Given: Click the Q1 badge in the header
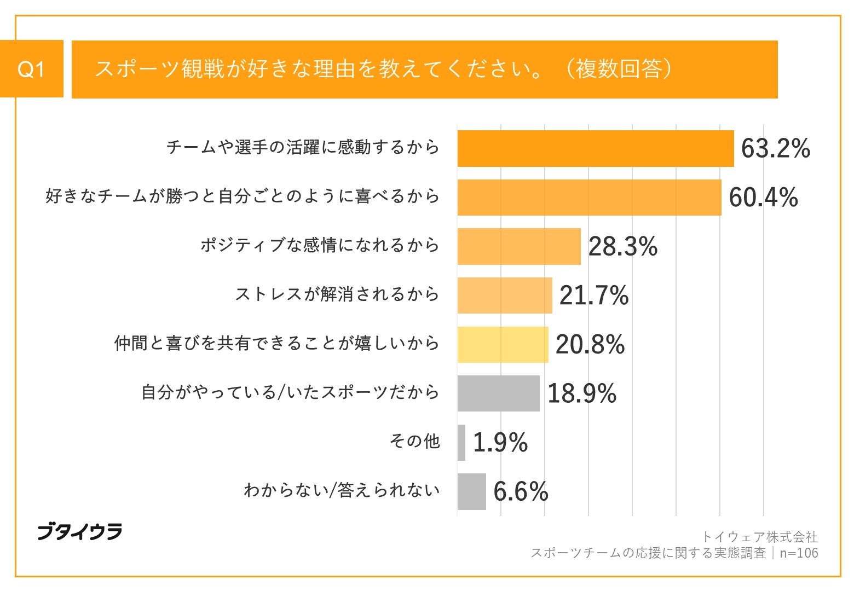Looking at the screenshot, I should pos(31,69).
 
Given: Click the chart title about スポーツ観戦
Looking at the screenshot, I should pos(383,69).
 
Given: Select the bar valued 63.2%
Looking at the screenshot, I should pos(595,148).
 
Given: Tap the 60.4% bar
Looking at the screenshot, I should pos(589,197).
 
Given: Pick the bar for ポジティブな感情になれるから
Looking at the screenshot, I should pos(518,246).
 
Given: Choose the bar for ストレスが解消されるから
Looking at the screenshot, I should pos(504,296).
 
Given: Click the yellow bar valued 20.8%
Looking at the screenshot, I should pos(503,344).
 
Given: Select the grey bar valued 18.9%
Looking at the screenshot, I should pos(498,393).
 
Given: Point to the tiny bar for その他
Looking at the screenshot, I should pos(461,442).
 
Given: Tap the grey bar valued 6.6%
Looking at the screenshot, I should pos(471,491).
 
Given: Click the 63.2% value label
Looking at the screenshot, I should pos(775,148).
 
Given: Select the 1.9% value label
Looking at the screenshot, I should pos(500,442).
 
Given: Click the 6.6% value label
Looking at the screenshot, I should pos(520,491).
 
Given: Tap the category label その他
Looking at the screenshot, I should pos(414,441).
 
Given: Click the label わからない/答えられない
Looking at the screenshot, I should pos(342,490).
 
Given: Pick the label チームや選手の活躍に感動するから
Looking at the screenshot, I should pos(303,147).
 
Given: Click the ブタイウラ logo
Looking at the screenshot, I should pos(79,531).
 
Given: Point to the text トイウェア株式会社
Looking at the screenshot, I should pos(759,537).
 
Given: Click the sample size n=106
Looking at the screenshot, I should pos(799,553).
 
